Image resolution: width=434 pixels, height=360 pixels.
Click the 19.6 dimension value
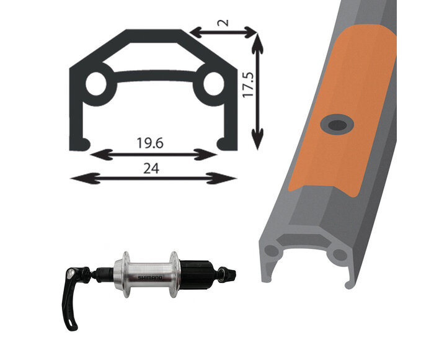[150, 143]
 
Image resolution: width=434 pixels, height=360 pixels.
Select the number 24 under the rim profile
[151, 168]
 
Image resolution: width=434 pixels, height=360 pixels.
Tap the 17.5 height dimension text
[248, 84]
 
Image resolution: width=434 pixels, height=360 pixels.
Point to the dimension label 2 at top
[223, 22]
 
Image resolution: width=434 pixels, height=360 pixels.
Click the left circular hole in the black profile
[96, 84]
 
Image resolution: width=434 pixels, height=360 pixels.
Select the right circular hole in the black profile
[213, 83]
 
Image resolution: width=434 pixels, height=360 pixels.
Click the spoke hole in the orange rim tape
[337, 125]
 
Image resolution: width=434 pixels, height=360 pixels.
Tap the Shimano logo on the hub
[150, 277]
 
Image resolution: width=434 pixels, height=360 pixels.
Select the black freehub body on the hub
[197, 274]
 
